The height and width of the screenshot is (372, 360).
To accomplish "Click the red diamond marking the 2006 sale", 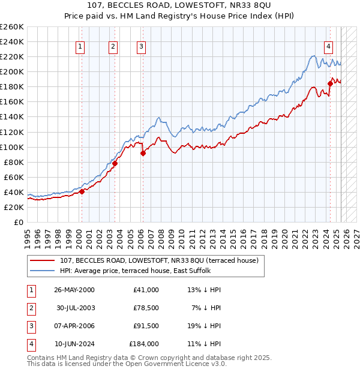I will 143,153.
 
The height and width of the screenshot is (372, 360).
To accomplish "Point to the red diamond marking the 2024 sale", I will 330,83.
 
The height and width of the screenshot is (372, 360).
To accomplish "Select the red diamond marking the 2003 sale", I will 115,163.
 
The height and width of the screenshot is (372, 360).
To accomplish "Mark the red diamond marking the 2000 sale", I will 82,191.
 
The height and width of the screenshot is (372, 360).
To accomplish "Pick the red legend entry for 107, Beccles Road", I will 159,260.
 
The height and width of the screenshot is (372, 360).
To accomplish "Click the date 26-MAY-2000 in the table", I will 74,290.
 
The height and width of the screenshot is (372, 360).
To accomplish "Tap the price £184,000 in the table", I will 144,344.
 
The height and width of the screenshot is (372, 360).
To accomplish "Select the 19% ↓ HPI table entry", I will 204,326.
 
